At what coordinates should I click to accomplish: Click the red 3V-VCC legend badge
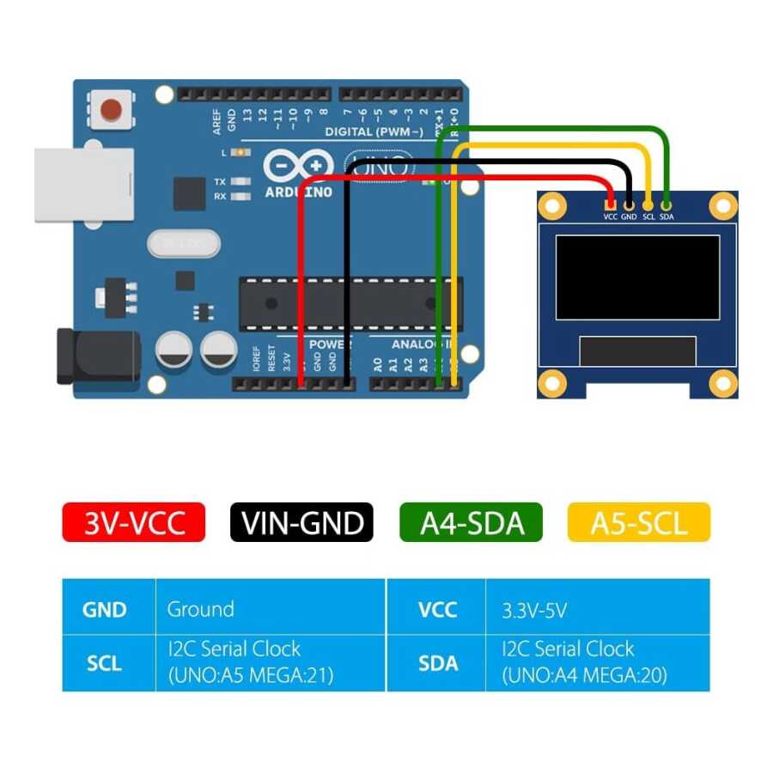tap(134, 522)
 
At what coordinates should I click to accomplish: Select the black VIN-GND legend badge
tap(301, 522)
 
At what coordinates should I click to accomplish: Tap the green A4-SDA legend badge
tap(471, 522)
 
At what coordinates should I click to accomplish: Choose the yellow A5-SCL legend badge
tap(639, 522)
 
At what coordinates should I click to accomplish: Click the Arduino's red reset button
tap(111, 110)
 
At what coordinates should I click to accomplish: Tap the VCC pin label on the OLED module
tap(610, 217)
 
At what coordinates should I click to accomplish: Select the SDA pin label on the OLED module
tap(667, 217)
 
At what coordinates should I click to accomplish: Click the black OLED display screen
tap(637, 277)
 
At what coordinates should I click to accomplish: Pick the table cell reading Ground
tap(200, 610)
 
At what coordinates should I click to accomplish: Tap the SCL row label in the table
tap(104, 663)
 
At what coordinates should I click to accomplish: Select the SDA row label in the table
tap(437, 663)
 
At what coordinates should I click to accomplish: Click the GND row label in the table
tap(104, 610)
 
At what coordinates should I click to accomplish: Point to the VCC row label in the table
tap(437, 610)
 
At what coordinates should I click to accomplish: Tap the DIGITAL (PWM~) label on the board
tap(374, 131)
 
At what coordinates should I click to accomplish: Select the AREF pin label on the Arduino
tap(216, 117)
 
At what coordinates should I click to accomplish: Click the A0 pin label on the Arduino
tap(377, 364)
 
